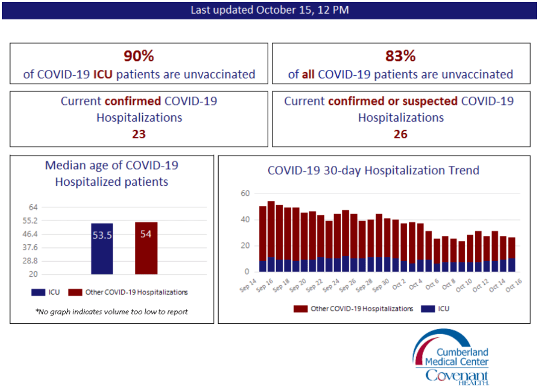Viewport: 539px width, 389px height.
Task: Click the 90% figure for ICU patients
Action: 139,56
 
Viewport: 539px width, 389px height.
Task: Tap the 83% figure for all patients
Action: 400,56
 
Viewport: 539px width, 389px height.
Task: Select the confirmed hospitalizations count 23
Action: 139,134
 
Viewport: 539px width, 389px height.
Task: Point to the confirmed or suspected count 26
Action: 400,134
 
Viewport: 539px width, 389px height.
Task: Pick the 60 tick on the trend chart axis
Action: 244,194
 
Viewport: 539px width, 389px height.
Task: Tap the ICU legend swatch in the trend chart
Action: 426,309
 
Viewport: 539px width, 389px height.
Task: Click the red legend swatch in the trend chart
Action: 300,309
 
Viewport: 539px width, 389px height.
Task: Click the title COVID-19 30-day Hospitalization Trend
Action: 374,171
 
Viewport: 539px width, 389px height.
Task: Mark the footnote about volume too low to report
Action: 112,312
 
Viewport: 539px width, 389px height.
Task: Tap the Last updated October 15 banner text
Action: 269,10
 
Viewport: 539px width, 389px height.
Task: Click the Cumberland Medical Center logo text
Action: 463,357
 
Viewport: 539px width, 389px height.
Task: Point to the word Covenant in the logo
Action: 457,376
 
